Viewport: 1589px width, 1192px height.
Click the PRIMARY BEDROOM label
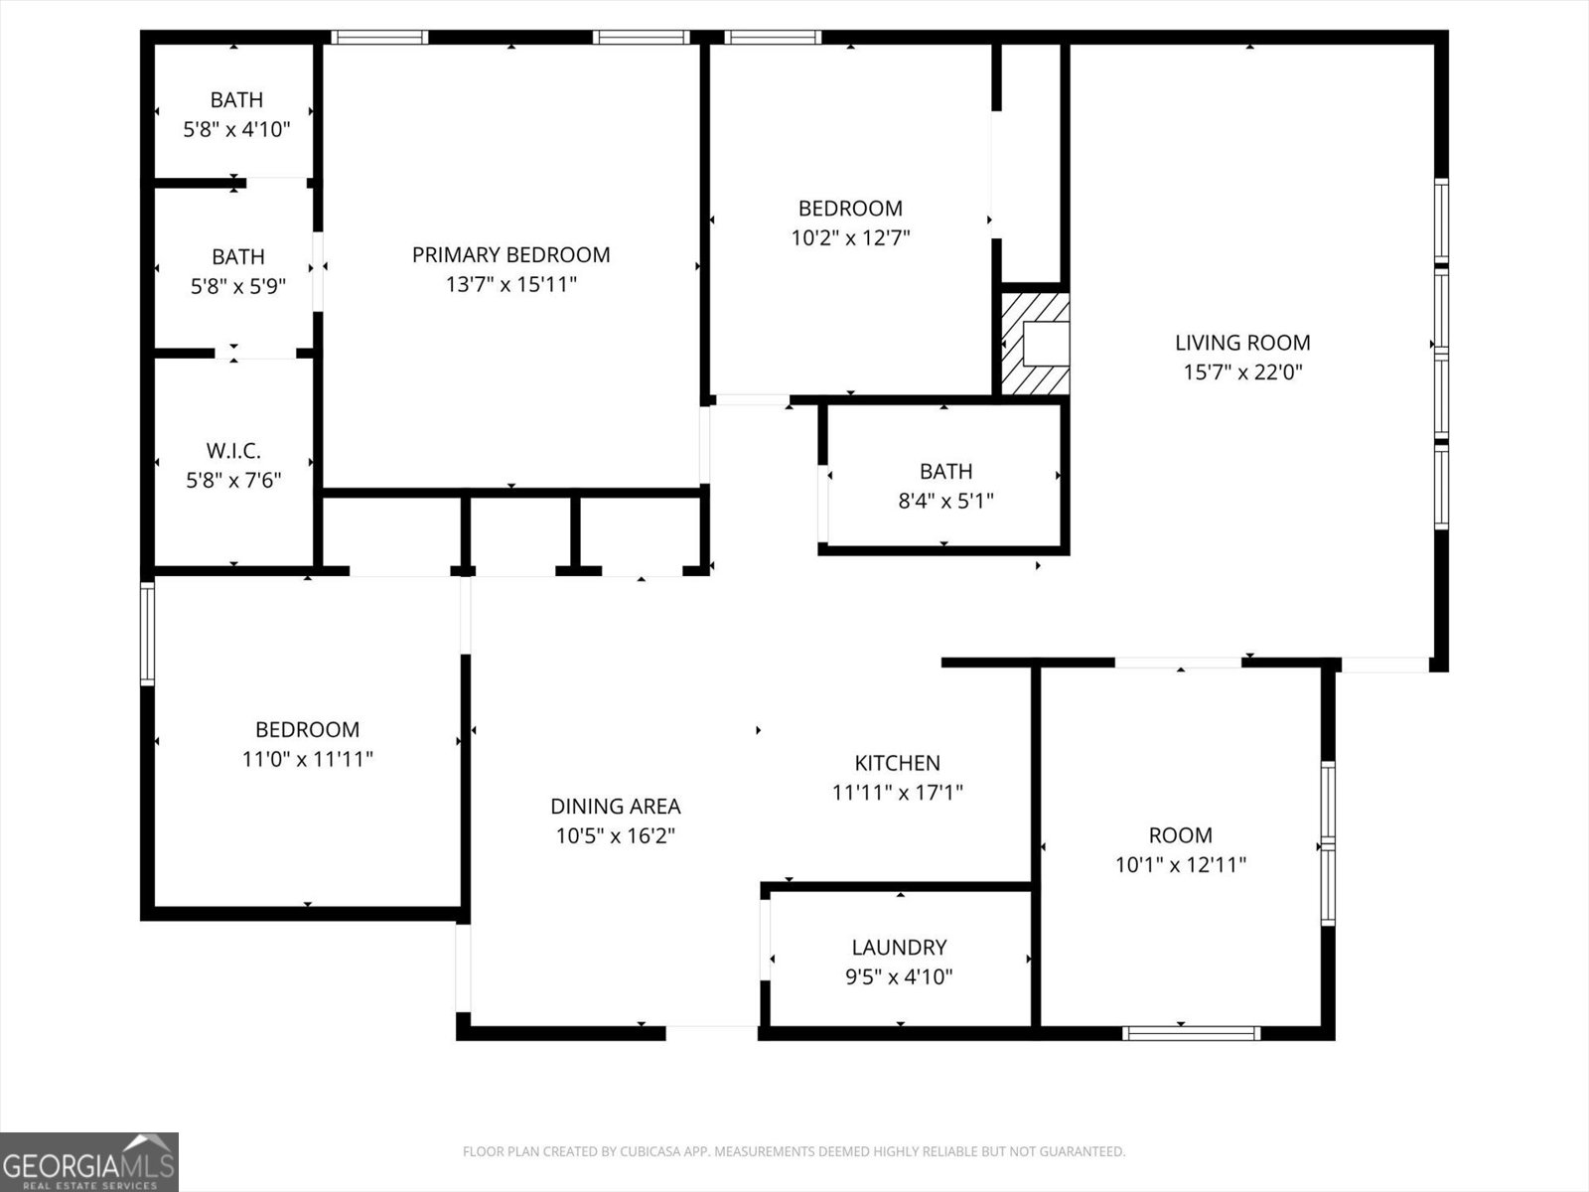point(510,255)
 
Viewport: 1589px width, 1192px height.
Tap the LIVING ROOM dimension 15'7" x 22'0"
point(1242,372)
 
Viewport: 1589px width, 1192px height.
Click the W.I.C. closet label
point(234,452)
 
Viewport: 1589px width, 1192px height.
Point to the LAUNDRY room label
point(899,948)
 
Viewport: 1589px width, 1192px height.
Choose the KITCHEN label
point(897,763)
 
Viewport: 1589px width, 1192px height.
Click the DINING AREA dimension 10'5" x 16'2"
point(615,836)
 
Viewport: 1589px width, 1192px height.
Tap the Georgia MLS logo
point(88,1162)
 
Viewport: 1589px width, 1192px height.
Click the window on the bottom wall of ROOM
point(1191,1033)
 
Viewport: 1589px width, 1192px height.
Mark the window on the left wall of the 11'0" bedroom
point(147,633)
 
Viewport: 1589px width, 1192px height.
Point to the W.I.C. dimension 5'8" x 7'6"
point(234,482)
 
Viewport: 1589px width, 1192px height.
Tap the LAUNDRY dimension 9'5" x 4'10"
point(899,977)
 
